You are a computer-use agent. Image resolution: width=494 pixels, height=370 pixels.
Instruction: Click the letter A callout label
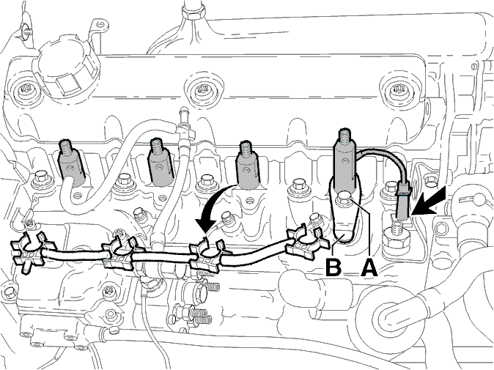[369, 267]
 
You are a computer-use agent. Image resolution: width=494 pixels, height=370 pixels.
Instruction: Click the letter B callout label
[333, 267]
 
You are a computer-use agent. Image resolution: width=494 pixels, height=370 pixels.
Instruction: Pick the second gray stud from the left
[161, 163]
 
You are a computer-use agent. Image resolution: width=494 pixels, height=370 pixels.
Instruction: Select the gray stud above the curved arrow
[248, 166]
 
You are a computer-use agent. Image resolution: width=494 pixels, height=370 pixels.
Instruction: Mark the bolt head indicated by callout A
[345, 199]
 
